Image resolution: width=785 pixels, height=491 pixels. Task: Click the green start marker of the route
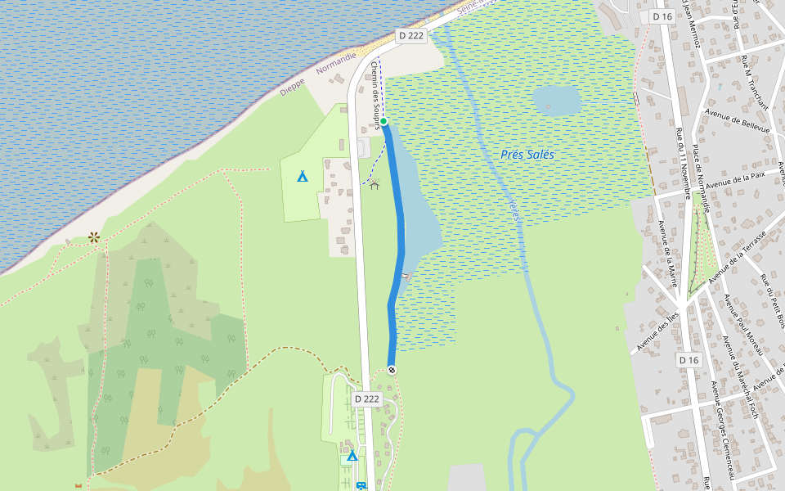point(383,121)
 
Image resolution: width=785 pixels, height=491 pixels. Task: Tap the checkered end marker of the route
point(392,370)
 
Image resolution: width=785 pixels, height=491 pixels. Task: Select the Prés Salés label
point(527,154)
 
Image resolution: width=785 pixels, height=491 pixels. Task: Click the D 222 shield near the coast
point(411,36)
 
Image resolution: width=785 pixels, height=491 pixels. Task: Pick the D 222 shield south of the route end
point(367,399)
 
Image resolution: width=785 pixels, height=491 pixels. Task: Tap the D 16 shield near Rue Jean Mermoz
point(662,16)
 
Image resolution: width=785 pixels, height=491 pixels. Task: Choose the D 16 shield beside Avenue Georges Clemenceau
point(689,360)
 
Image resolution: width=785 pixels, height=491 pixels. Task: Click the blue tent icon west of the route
point(303,175)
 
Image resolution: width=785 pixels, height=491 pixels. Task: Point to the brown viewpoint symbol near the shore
point(94,237)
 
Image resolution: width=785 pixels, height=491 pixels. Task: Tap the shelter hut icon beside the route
point(375,184)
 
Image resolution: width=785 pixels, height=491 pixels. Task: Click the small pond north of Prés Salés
point(557,101)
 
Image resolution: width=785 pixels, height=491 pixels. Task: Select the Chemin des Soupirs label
point(377,96)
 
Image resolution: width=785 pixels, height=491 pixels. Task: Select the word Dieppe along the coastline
point(292,87)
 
